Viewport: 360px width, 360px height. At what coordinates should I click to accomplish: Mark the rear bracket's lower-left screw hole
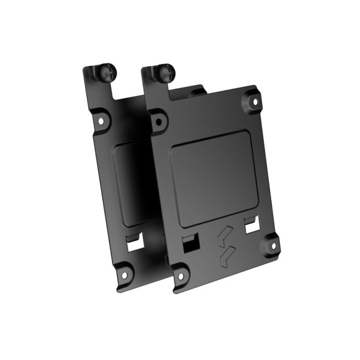tap(120, 275)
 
